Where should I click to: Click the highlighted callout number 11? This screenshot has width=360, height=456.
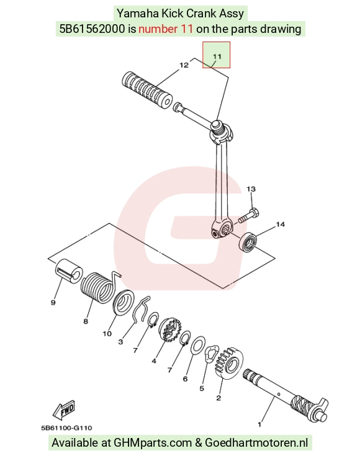217,56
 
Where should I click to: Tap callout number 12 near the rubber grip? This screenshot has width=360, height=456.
184,65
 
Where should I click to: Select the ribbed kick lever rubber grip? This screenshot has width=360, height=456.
146,90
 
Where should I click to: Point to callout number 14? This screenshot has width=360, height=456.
281,224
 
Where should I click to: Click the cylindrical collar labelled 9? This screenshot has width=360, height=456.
69,270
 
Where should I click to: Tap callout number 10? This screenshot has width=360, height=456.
107,334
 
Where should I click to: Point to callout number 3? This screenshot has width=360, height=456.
120,342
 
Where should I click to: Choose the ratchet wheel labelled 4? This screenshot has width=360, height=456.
170,329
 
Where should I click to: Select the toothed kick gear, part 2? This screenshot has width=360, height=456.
230,363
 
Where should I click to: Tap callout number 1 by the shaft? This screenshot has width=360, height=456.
259,424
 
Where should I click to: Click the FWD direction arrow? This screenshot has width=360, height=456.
64,410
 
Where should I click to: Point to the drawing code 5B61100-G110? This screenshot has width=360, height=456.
66,428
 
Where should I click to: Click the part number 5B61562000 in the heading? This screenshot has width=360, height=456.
92,29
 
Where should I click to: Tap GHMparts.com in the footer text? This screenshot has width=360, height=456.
153,442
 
